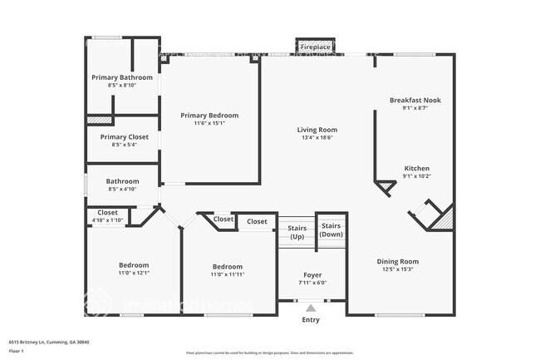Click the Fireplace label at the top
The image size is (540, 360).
point(316,47)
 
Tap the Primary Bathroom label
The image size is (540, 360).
point(122,77)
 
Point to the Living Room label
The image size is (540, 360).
point(317,130)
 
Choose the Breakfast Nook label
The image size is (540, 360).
point(415,100)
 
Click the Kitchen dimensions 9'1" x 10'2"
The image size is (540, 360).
point(417,175)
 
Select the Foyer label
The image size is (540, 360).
point(312,274)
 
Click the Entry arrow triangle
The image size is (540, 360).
point(311,308)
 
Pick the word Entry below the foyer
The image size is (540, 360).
point(311,319)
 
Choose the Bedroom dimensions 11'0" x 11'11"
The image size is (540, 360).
point(227,274)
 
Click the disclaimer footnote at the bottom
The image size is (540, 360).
point(270,353)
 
